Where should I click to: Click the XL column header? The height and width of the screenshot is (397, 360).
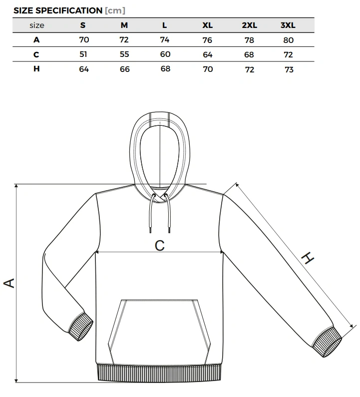[207, 25]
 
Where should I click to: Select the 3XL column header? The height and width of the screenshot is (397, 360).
[288, 25]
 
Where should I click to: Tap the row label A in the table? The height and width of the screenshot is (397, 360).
[36, 40]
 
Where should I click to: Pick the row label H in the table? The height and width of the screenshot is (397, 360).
[36, 68]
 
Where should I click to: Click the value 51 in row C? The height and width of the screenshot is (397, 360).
[83, 54]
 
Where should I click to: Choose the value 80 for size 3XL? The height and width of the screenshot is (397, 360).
[289, 40]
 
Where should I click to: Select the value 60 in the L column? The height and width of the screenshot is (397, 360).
[165, 54]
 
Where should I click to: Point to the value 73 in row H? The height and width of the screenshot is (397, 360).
[289, 69]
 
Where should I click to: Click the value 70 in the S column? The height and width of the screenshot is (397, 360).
[84, 40]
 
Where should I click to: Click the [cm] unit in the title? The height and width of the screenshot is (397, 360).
[115, 10]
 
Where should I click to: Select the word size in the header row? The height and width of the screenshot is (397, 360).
[37, 25]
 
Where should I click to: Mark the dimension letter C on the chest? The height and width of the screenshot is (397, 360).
[160, 245]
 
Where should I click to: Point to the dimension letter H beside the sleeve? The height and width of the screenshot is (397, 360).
[308, 258]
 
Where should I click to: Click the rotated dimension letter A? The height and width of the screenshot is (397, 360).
[9, 283]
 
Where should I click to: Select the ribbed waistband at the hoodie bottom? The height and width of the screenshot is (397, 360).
[159, 373]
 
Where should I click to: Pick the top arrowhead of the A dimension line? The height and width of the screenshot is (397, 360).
[16, 186]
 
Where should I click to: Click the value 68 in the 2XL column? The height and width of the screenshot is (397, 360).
[249, 55]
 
